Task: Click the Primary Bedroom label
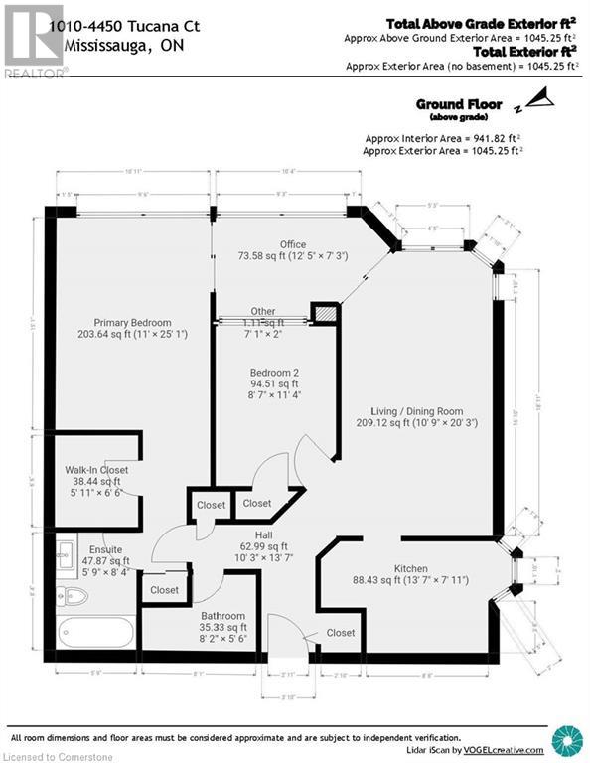(132, 322)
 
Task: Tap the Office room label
(292, 244)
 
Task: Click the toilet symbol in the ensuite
(75, 597)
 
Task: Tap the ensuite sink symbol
(68, 551)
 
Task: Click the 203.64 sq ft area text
(132, 335)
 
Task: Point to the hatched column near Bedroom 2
(323, 314)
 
